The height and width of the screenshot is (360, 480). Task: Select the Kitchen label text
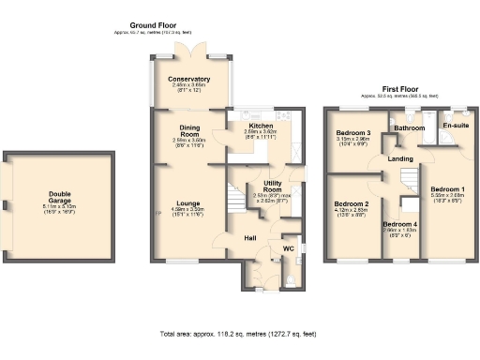pyautogui.click(x=259, y=126)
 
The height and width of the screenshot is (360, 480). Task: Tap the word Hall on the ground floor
pyautogui.click(x=251, y=238)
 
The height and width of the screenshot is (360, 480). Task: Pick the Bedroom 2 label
pyautogui.click(x=352, y=203)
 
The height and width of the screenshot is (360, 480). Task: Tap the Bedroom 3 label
pyautogui.click(x=354, y=134)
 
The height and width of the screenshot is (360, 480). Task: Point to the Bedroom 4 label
pyautogui.click(x=400, y=225)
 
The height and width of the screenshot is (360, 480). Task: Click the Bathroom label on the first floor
pyautogui.click(x=409, y=127)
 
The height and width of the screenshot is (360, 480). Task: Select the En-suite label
pyautogui.click(x=457, y=125)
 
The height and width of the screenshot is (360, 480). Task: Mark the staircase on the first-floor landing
pyautogui.click(x=409, y=177)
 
